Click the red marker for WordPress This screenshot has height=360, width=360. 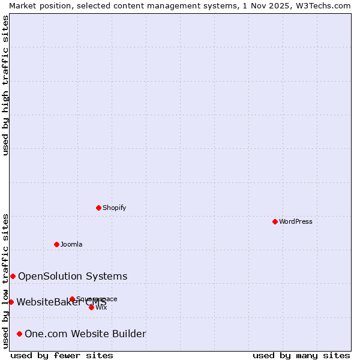tap(275, 221)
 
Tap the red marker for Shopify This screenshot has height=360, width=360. tap(99, 208)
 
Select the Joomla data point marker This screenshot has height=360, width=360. tap(57, 244)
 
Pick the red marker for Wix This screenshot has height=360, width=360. tap(91, 307)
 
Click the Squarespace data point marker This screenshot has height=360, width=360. tap(72, 299)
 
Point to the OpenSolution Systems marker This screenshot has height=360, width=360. tap(13, 276)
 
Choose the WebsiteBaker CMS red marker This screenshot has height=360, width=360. tap(11, 302)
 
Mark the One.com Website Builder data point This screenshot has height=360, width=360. tap(19, 334)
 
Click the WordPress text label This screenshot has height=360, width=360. tap(296, 221)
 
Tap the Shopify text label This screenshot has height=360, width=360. tap(115, 208)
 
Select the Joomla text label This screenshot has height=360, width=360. tap(71, 244)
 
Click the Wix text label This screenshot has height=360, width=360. tap(101, 307)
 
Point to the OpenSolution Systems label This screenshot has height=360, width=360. tap(73, 276)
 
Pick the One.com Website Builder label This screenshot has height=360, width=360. tap(85, 334)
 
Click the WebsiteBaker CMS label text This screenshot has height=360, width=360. tap(61, 302)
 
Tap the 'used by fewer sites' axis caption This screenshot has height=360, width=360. tap(62, 355)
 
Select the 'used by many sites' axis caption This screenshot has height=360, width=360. tap(301, 355)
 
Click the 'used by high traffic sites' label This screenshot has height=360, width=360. tap(5, 85)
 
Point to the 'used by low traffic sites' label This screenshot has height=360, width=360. tap(5, 281)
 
